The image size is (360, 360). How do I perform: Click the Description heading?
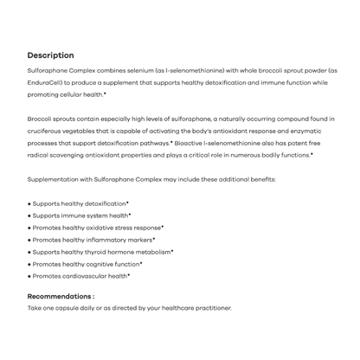50,55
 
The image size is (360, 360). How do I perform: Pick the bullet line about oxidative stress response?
97,228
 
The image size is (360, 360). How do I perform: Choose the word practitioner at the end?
208,308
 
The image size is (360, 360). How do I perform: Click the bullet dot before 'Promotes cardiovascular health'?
29,276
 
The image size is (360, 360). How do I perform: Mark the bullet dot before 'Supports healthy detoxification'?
29,203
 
